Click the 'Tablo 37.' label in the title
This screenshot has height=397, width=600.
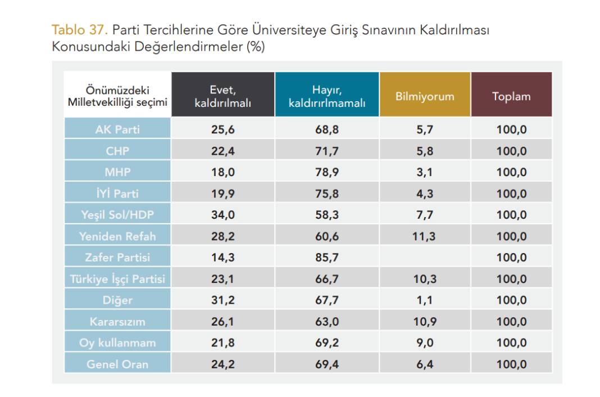79,30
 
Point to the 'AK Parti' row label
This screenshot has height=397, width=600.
117,129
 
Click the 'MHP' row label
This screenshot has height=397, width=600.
117,172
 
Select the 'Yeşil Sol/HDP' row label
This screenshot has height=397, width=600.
117,215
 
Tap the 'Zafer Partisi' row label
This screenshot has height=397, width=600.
117,258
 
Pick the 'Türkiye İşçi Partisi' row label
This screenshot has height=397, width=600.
117,279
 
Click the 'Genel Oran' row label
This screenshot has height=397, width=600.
117,364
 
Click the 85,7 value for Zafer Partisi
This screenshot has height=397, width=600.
326,258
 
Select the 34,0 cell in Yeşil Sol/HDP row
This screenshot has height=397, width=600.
222,215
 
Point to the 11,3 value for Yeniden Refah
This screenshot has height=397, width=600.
425,236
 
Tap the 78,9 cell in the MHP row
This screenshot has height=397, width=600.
326,172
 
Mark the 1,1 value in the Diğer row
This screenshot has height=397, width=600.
425,300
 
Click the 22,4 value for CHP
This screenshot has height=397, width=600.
222,151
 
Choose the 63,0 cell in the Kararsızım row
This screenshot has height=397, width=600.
326,322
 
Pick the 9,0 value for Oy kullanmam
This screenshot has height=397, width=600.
425,343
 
